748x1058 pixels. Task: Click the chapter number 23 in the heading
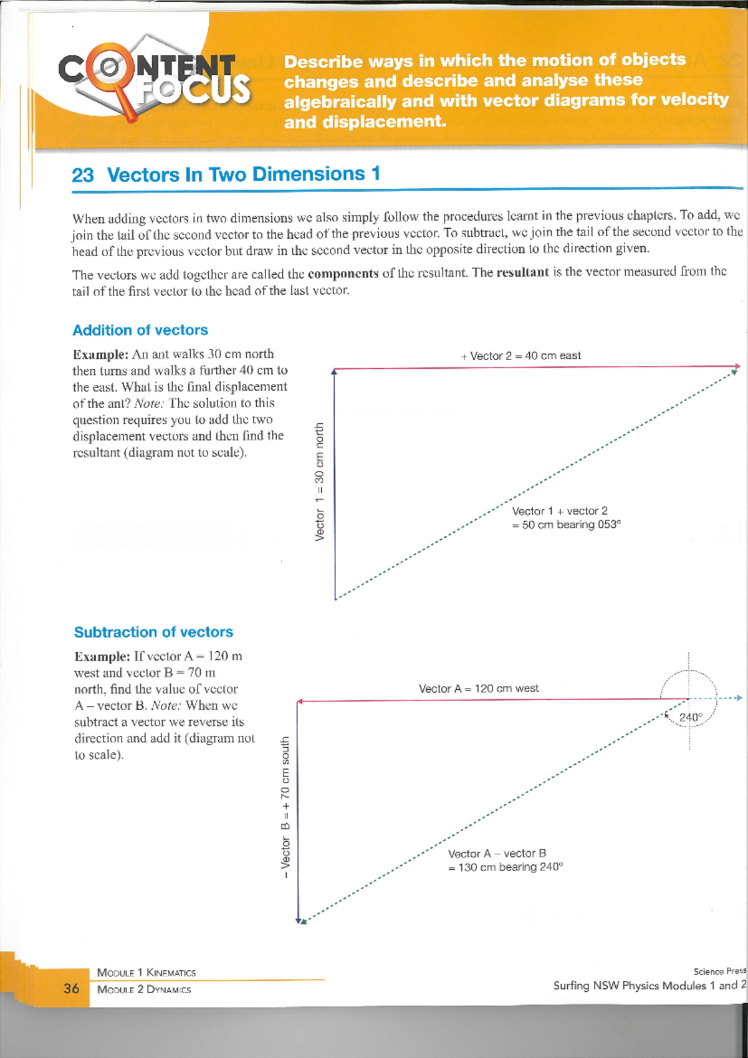(x=82, y=175)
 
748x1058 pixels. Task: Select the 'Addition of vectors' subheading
(x=140, y=330)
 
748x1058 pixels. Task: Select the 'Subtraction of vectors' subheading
(x=153, y=632)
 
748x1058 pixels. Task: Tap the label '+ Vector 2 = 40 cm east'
(x=521, y=356)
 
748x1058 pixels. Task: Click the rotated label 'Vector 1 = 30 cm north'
(x=320, y=482)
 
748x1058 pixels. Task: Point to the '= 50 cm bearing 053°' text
(x=567, y=525)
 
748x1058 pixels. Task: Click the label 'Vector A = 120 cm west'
(x=479, y=689)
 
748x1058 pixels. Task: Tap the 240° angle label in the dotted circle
(x=690, y=717)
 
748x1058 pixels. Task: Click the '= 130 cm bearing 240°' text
(x=506, y=867)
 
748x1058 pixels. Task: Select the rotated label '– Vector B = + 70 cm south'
(x=285, y=808)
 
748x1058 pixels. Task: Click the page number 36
(x=72, y=988)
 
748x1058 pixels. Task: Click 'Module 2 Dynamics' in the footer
(x=144, y=989)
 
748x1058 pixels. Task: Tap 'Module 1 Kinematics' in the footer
(x=146, y=973)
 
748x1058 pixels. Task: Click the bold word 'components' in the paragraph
(x=343, y=274)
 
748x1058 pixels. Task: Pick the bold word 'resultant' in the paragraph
(x=522, y=272)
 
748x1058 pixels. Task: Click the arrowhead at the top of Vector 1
(x=334, y=371)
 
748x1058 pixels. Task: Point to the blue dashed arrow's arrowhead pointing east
(x=739, y=698)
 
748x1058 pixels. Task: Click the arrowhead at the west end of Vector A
(x=300, y=702)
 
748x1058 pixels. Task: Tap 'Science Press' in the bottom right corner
(x=719, y=971)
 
